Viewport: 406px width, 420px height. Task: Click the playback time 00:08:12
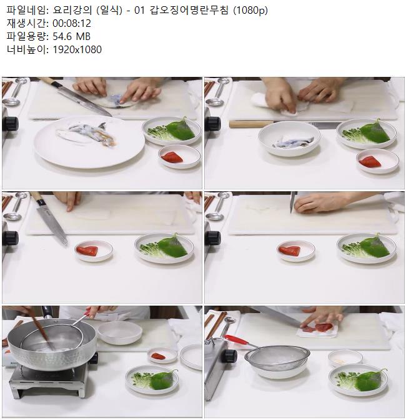point(72,23)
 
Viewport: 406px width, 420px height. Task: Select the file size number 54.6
point(62,36)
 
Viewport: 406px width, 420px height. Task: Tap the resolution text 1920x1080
point(77,49)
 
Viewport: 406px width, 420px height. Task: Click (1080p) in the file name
point(250,11)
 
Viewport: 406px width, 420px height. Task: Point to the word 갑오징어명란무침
point(189,10)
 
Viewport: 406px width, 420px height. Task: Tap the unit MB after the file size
point(83,36)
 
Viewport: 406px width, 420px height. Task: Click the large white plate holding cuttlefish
point(89,142)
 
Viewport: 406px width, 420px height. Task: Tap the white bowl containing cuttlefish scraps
point(289,139)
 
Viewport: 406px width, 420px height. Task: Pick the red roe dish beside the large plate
point(179,156)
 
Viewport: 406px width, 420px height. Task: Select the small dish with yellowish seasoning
point(345,358)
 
